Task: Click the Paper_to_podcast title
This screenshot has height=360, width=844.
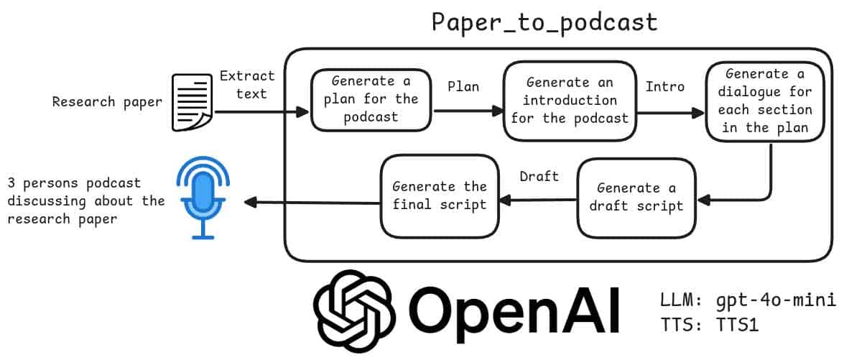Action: pyautogui.click(x=544, y=22)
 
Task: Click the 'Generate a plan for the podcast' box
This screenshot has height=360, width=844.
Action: pyautogui.click(x=371, y=99)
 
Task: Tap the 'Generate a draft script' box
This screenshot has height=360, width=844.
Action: pyautogui.click(x=636, y=197)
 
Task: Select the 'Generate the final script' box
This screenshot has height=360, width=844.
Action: pyautogui.click(x=439, y=195)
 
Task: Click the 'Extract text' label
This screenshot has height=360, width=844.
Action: pyautogui.click(x=247, y=84)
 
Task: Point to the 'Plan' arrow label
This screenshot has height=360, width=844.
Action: pyautogui.click(x=463, y=86)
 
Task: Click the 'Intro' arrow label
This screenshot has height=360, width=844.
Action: pyautogui.click(x=664, y=87)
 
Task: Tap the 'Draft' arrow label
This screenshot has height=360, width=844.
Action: pyautogui.click(x=539, y=176)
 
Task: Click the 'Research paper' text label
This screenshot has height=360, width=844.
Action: pyautogui.click(x=108, y=102)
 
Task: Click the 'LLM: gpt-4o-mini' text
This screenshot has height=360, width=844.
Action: pyautogui.click(x=747, y=299)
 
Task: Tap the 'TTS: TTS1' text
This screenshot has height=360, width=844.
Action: pyautogui.click(x=708, y=324)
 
